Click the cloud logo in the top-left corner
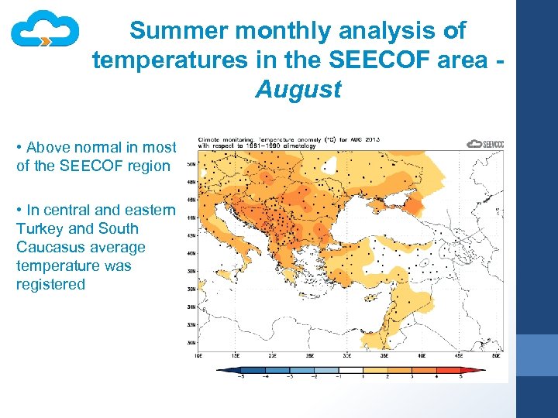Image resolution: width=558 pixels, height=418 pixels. point(45,30)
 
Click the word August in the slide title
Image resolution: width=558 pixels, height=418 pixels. point(298,90)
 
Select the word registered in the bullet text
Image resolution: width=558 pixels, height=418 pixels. point(50,284)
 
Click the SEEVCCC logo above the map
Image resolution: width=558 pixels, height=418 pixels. point(485,144)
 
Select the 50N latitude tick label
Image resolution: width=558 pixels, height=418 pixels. point(191,164)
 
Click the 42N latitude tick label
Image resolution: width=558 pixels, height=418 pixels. point(191,235)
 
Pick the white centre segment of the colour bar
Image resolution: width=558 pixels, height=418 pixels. point(351,370)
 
